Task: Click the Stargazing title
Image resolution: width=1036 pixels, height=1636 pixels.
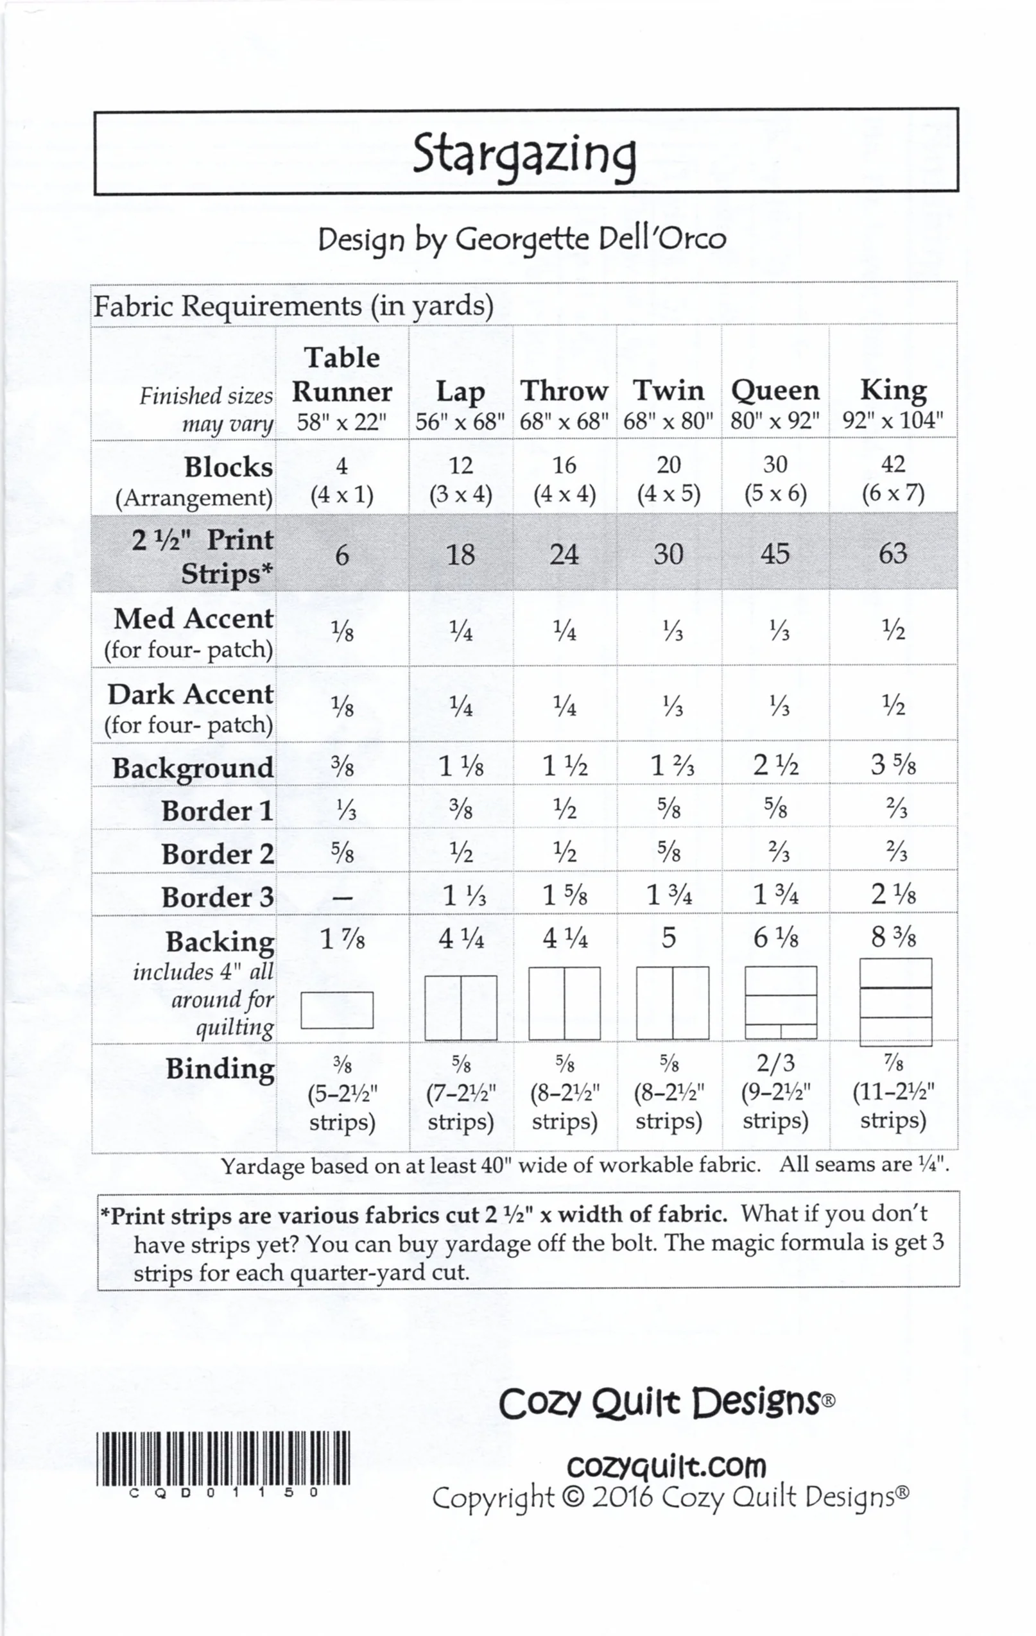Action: (524, 155)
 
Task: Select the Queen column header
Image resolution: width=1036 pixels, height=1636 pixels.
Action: (775, 391)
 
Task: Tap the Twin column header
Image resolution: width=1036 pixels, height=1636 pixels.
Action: (668, 391)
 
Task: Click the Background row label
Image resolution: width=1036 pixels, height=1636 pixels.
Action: (193, 768)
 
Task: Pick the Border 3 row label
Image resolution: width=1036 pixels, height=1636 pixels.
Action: (218, 897)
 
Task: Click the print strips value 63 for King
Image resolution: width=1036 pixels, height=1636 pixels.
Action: (893, 554)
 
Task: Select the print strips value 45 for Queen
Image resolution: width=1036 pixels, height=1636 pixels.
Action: (775, 555)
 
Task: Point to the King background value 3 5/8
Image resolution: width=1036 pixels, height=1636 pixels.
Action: (893, 765)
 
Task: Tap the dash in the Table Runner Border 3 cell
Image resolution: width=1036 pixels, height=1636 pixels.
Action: (342, 898)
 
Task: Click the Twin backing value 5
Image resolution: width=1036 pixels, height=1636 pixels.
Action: (668, 938)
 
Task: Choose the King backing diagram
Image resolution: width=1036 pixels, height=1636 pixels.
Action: (895, 1002)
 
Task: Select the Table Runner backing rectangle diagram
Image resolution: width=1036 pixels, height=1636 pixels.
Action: (337, 1010)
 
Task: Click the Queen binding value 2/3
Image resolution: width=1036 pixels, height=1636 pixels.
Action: (775, 1063)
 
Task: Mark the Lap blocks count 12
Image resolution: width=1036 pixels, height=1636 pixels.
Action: (461, 465)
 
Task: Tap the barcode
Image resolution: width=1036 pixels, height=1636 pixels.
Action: (223, 1458)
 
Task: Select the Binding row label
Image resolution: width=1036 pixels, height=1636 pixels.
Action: (220, 1069)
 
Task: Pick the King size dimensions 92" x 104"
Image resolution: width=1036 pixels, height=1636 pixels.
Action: (893, 420)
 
